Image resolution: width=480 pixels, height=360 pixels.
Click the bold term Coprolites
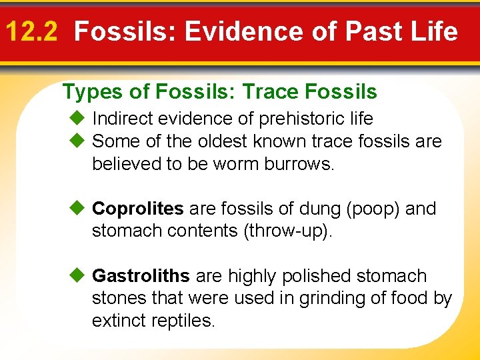click(137, 209)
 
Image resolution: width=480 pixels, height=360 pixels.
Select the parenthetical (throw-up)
click(294, 231)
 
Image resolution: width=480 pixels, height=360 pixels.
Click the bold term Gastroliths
click(141, 276)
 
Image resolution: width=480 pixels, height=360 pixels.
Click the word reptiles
click(183, 321)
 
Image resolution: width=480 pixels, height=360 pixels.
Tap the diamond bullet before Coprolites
click(78, 209)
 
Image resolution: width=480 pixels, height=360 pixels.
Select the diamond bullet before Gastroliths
click(78, 276)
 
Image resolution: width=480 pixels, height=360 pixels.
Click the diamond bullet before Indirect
click(78, 119)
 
